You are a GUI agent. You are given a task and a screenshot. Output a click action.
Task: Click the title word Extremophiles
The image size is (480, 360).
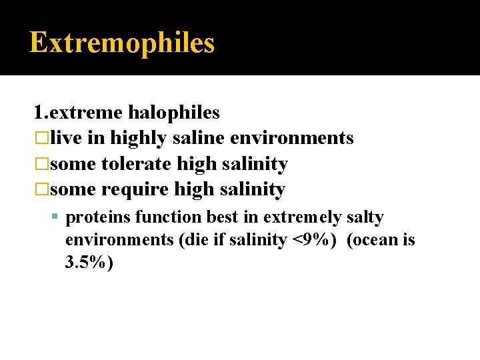tap(122, 43)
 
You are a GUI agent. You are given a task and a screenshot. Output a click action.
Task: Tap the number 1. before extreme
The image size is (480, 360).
tap(40, 113)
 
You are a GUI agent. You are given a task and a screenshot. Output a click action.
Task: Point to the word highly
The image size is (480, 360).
tap(139, 139)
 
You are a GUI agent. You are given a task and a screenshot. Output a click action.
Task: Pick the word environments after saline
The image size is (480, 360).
tap(291, 138)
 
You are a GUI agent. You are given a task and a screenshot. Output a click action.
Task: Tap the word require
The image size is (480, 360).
tap(135, 189)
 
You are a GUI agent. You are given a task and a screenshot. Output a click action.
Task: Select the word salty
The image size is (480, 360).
tap(365, 217)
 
